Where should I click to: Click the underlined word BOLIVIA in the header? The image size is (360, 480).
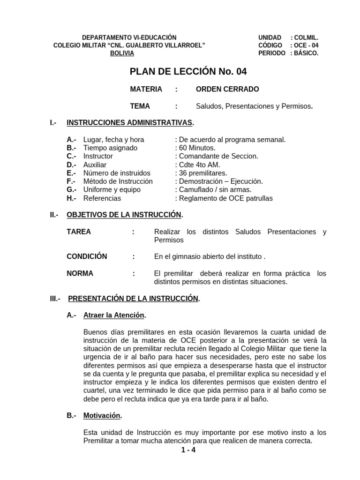122,53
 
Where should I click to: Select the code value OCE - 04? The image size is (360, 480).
306,45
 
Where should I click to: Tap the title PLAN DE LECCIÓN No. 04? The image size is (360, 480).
187,72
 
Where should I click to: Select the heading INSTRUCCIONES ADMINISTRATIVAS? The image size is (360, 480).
130,123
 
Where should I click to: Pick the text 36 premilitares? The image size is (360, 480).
202,173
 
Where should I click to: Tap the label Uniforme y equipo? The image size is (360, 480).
112,190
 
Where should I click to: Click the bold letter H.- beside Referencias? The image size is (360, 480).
71,198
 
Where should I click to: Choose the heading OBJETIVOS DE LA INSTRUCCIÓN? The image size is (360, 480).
124,215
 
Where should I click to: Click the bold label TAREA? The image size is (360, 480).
79,232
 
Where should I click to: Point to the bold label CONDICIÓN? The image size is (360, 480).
87,256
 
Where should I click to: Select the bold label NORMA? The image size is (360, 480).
80,273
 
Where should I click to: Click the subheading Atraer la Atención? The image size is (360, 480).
114,315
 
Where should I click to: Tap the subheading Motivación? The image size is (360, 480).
102,415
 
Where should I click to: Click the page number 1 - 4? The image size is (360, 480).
188,450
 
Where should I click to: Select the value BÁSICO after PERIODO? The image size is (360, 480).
306,53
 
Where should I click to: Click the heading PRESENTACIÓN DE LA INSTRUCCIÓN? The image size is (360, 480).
134,299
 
